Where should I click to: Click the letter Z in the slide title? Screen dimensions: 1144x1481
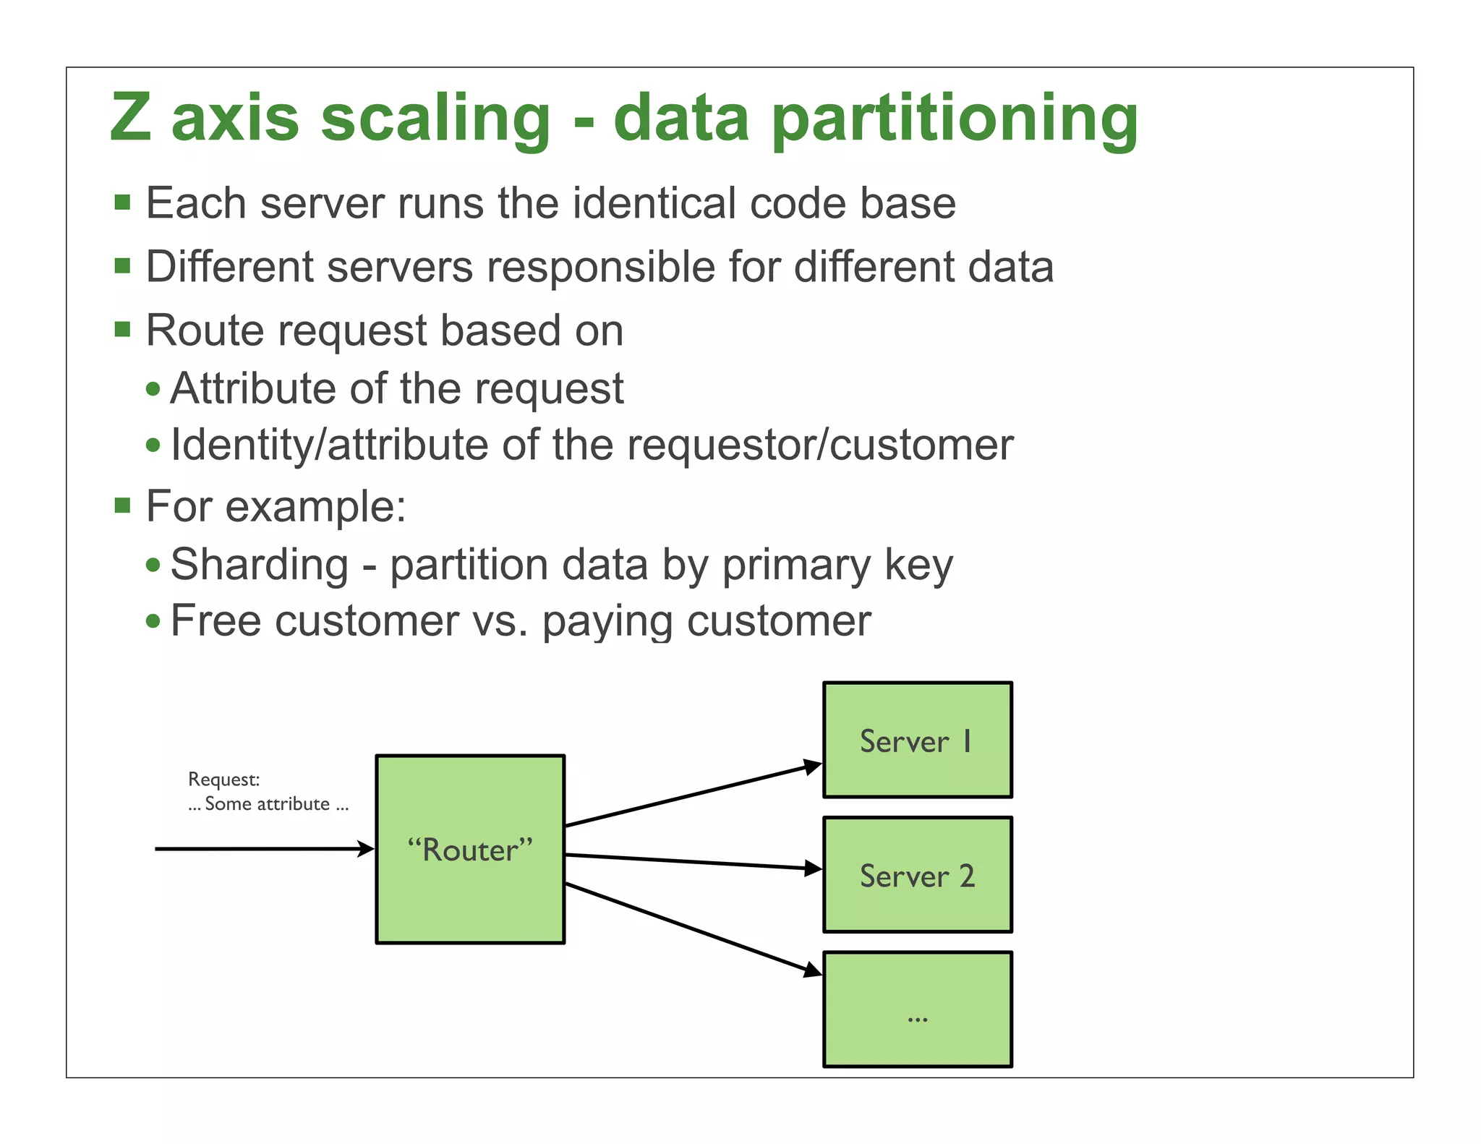coord(131,117)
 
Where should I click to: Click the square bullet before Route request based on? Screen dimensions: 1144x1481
coord(122,330)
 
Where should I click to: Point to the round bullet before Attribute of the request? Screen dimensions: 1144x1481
coord(153,389)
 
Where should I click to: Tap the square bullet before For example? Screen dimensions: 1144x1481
coord(122,505)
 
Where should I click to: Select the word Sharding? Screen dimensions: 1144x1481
coord(260,565)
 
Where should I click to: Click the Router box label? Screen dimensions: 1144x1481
coord(470,850)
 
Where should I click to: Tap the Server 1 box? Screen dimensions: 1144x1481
coord(917,740)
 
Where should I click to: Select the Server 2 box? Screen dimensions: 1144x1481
coord(917,875)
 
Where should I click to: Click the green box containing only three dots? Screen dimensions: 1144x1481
coord(917,1009)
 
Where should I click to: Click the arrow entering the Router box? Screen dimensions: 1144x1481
coord(260,848)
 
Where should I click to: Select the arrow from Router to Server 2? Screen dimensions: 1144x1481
coord(687,861)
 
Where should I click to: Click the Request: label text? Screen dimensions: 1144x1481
coord(223,780)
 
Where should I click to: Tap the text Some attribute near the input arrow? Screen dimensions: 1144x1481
coord(268,804)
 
